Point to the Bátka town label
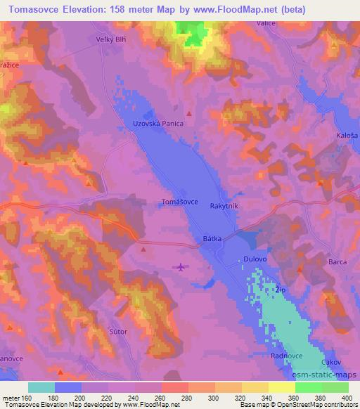click(x=212, y=239)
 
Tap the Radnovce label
click(x=287, y=356)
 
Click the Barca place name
click(x=337, y=262)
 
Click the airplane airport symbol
click(x=181, y=267)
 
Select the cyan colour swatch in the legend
click(x=41, y=387)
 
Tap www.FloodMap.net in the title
click(x=271, y=9)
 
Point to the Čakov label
click(x=331, y=363)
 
